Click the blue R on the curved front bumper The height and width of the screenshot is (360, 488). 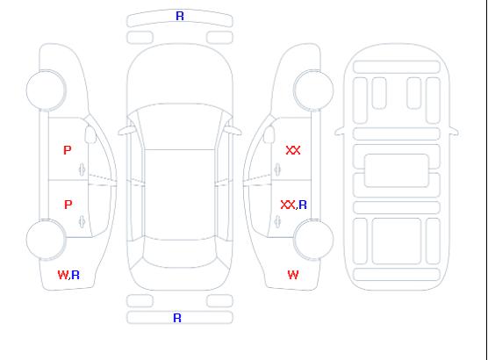(180, 16)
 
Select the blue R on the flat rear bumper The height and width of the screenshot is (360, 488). (177, 318)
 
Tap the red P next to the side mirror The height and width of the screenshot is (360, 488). (68, 150)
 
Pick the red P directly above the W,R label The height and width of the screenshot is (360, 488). (68, 205)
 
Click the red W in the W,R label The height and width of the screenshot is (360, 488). (62, 275)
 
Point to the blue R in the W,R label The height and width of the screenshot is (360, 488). (75, 275)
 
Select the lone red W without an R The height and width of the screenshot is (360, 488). (293, 275)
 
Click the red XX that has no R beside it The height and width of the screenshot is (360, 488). (293, 150)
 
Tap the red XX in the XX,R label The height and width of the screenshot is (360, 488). (288, 205)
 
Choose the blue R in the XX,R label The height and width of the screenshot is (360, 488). (303, 205)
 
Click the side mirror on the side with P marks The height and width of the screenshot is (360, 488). (90, 134)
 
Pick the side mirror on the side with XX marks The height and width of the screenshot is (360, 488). (269, 134)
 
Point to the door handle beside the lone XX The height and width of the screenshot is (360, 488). (277, 169)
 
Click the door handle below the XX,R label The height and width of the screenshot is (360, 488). (277, 221)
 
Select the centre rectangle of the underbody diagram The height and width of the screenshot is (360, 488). (397, 170)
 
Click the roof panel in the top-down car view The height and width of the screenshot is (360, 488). (180, 195)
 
